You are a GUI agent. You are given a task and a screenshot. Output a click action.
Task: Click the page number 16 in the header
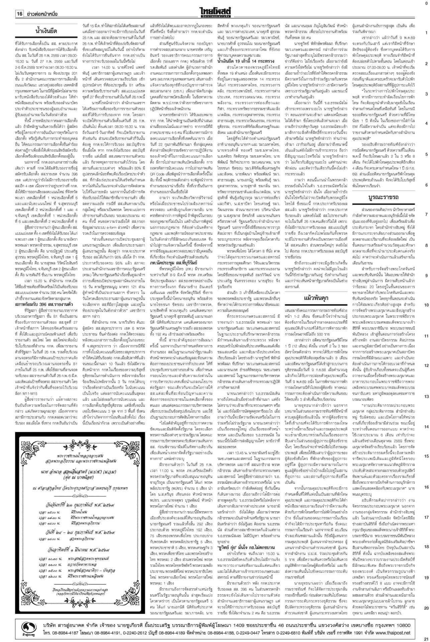19,14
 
